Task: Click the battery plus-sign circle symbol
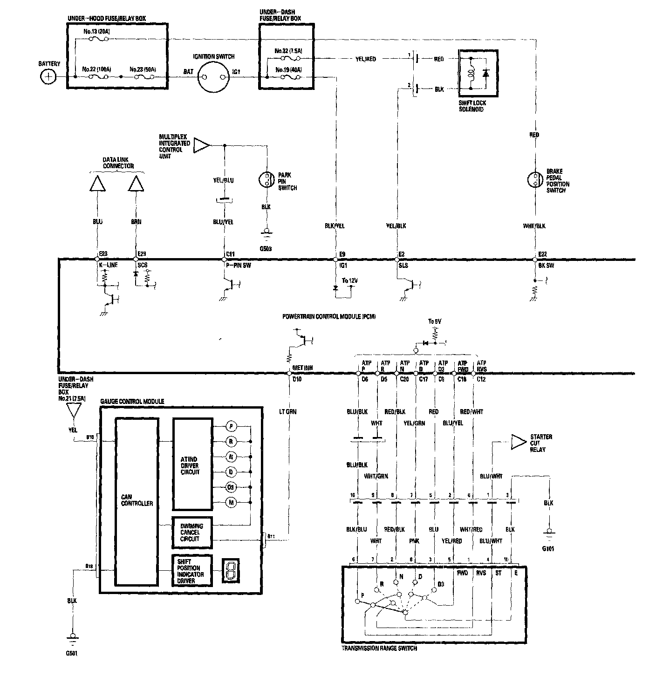click(48, 76)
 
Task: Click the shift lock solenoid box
click(478, 74)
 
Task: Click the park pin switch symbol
click(266, 180)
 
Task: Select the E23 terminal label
click(103, 254)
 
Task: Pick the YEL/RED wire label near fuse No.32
click(365, 59)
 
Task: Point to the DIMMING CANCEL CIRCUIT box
click(192, 533)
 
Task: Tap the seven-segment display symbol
click(230, 571)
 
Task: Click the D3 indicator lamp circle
click(231, 487)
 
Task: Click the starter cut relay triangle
click(517, 442)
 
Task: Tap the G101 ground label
click(548, 548)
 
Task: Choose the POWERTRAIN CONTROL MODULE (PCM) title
click(329, 316)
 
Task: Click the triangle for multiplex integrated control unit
click(201, 144)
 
